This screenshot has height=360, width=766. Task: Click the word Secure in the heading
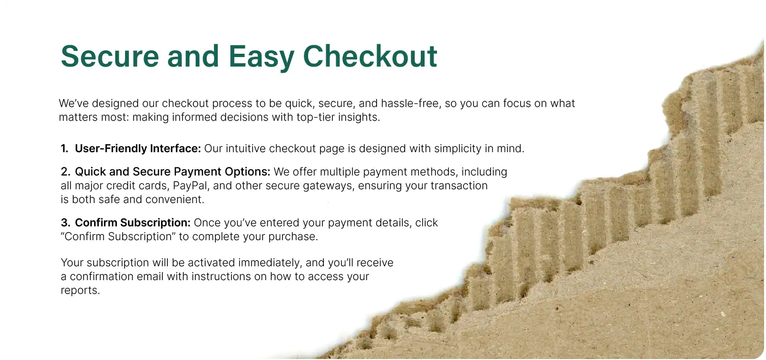[110, 56]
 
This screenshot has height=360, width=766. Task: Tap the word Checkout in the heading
[370, 56]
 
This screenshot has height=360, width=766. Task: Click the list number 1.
[64, 148]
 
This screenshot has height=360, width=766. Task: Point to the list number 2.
[65, 172]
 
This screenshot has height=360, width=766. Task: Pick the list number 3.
[65, 223]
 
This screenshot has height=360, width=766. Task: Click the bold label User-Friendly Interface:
[138, 149]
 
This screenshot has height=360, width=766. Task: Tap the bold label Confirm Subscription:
[133, 223]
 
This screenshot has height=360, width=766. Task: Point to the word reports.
[80, 291]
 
